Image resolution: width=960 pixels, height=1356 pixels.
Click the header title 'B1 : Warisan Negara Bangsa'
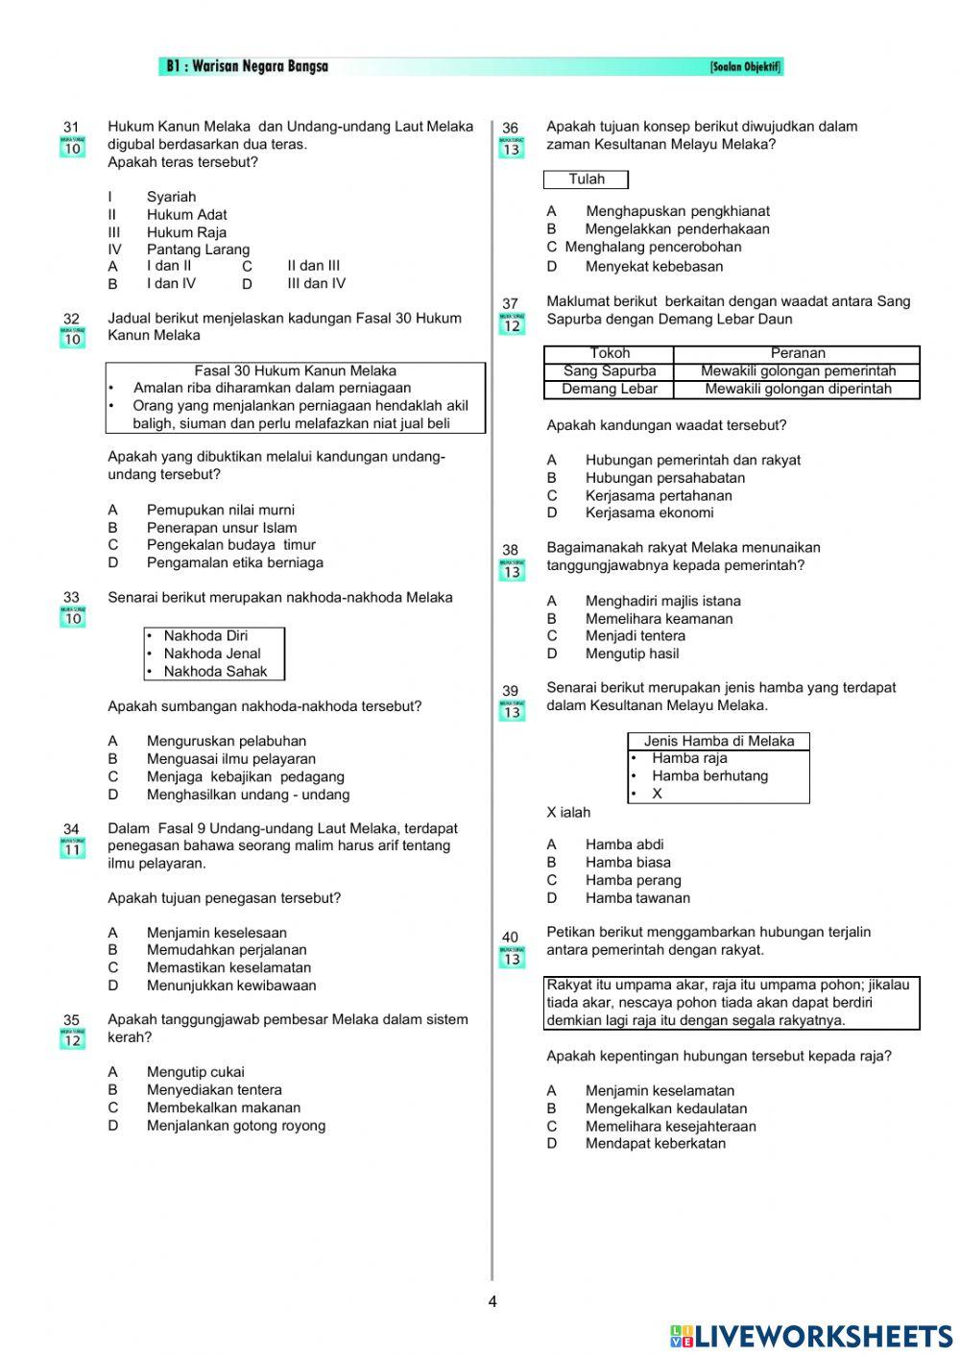point(248,66)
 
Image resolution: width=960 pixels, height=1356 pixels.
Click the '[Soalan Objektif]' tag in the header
point(745,67)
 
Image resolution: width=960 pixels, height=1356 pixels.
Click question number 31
point(71,127)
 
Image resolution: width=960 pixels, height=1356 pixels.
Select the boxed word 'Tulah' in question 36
point(586,179)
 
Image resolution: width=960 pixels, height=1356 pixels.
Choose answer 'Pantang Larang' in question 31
point(198,250)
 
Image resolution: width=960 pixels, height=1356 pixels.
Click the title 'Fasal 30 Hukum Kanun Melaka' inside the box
point(295,370)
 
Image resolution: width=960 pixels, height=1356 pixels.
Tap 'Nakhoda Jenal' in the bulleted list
point(212,654)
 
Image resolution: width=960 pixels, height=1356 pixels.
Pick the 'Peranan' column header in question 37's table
point(797,353)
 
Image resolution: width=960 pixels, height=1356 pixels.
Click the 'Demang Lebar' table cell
point(610,389)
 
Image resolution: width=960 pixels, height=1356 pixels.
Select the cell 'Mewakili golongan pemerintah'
point(798,371)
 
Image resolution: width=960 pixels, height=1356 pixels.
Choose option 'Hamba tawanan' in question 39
point(637,898)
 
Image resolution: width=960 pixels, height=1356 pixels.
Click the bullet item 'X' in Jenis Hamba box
point(657,794)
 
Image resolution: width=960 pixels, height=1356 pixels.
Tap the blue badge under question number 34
point(72,848)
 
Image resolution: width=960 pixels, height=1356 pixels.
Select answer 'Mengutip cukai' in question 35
point(195,1072)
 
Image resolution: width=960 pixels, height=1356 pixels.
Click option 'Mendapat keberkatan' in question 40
point(656,1143)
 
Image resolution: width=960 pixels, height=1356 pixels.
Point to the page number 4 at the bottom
point(492,1302)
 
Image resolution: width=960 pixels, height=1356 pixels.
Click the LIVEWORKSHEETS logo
point(811,1336)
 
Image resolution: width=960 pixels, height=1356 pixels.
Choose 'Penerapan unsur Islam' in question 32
point(222,528)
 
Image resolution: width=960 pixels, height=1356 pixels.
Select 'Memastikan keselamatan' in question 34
point(228,967)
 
